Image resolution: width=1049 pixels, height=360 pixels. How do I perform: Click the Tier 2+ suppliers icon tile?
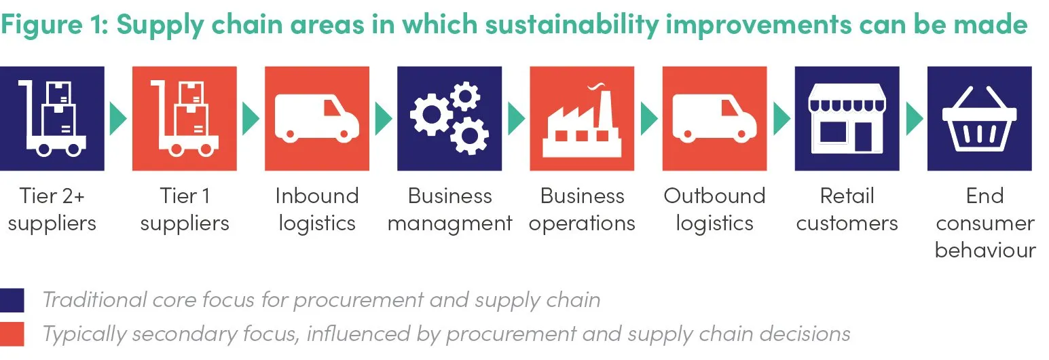coord(52,119)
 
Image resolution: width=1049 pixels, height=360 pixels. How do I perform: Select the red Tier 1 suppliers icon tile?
coord(185,119)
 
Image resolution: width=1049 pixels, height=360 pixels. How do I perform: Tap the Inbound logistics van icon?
coord(317,119)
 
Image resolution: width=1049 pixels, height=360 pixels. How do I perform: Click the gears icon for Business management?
coord(449,118)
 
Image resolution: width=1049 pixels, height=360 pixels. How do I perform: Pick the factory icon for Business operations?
coord(582,121)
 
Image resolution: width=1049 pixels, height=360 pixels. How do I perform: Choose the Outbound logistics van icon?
coord(715,119)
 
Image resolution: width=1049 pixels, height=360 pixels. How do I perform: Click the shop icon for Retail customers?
coord(847,119)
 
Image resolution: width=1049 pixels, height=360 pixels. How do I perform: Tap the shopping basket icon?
coord(980,119)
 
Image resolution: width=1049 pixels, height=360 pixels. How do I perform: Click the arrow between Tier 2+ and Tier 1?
coord(118,119)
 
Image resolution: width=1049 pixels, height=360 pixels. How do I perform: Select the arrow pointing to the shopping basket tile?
coord(914,119)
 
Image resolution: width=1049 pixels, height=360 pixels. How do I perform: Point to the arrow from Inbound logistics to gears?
coord(383,119)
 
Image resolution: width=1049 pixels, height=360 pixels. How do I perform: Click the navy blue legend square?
coord(12,300)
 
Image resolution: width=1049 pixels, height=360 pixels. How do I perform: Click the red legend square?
coord(12,334)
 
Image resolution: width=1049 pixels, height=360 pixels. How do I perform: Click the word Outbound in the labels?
coord(715,196)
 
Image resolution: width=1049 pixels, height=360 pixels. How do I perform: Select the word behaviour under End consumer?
coord(985,251)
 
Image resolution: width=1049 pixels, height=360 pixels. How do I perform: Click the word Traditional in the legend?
coord(94,300)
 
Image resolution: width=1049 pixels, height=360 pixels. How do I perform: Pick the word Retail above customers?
coord(847,196)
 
